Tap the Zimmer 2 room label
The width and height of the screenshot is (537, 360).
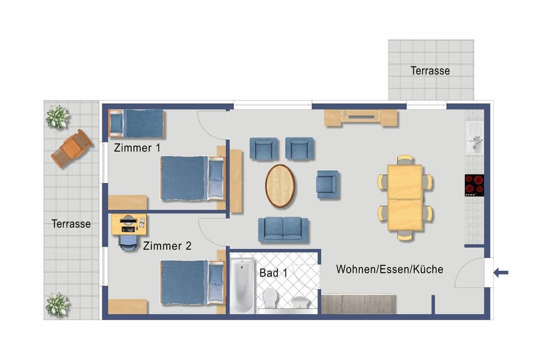coord(167,246)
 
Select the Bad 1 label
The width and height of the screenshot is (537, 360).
coord(274,273)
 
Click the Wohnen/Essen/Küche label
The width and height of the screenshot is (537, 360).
coord(389,269)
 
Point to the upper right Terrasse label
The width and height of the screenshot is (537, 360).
coord(430,71)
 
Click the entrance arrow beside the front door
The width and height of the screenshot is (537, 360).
coord(501,273)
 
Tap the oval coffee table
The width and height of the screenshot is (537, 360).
coord(280,186)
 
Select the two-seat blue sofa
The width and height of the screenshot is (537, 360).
coord(283,230)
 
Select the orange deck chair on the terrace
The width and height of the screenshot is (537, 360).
coord(72,148)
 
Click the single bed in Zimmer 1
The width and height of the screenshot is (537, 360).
coord(136,124)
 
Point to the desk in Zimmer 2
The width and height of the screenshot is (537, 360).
coord(129,225)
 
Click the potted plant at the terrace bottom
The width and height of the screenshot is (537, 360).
coord(56,304)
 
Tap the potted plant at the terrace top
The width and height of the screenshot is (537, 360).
coord(56,116)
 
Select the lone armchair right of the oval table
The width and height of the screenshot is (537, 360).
coord(327,185)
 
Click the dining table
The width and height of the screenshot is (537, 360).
coord(405,198)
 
